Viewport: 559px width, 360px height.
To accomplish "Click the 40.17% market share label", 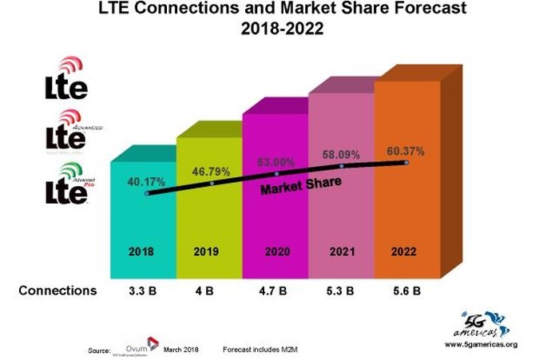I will (144, 181).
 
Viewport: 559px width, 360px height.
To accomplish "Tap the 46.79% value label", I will (210, 171).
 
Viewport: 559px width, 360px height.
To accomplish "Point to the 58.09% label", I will (341, 154).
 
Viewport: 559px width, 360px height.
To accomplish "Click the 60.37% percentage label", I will (405, 151).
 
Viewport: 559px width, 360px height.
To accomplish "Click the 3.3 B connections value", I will (142, 291).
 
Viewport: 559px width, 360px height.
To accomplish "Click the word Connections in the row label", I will (57, 291).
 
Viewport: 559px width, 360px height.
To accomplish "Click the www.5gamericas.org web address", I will (481, 344).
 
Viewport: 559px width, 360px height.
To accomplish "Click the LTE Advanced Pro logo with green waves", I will (67, 184).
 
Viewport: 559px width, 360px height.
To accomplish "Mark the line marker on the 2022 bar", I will (406, 163).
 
